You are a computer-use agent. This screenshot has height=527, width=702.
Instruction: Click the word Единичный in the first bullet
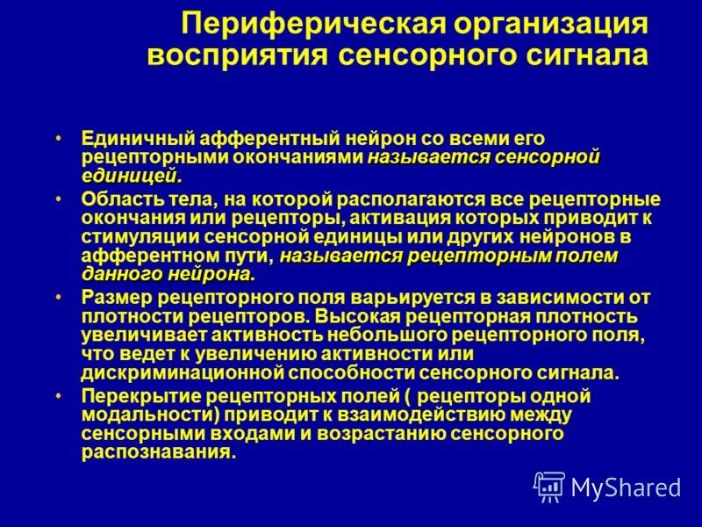[x=135, y=139]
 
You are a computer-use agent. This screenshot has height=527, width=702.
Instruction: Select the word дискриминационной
[x=182, y=372]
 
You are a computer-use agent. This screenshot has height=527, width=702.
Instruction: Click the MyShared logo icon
[x=549, y=487]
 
